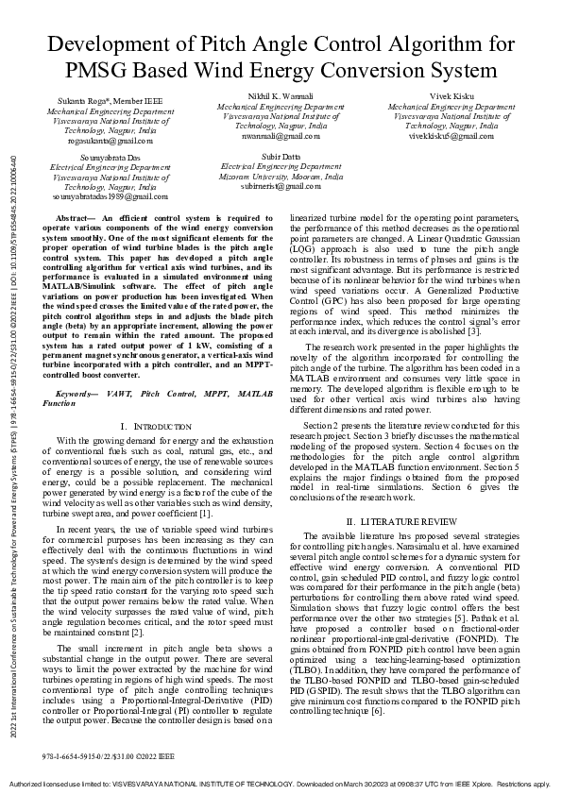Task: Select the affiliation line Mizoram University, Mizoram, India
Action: pyautogui.click(x=281, y=175)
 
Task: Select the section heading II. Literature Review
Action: pyautogui.click(x=401, y=521)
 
